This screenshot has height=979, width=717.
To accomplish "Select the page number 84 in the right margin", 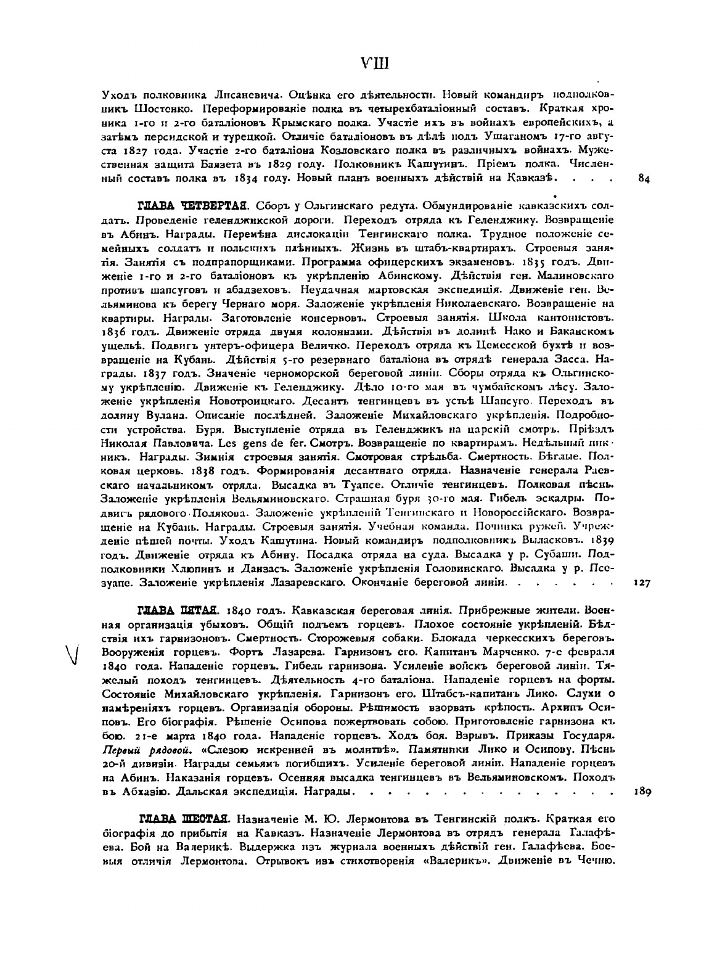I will (644, 179).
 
